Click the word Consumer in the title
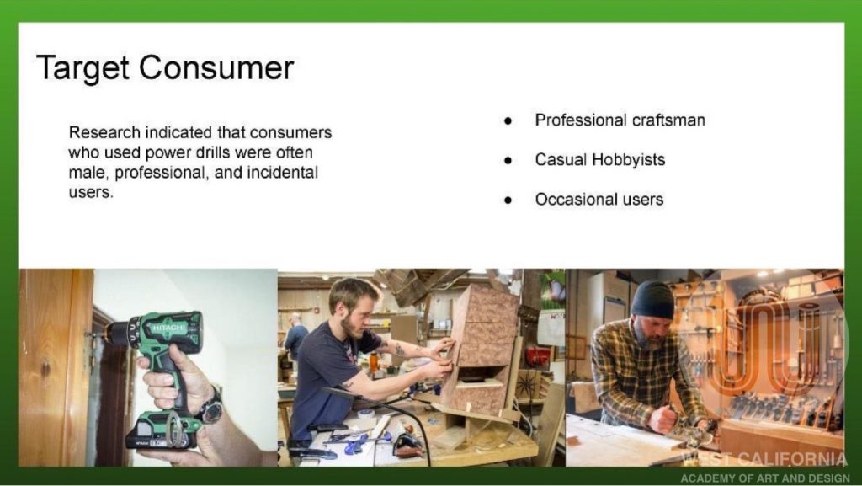click(216, 67)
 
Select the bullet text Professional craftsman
click(620, 120)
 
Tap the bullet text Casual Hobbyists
click(599, 159)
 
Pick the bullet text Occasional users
click(599, 199)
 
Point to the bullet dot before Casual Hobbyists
click(508, 161)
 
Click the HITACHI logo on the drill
click(167, 328)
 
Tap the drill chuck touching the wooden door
click(114, 332)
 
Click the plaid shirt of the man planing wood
click(642, 374)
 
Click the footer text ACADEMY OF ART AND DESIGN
click(764, 478)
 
